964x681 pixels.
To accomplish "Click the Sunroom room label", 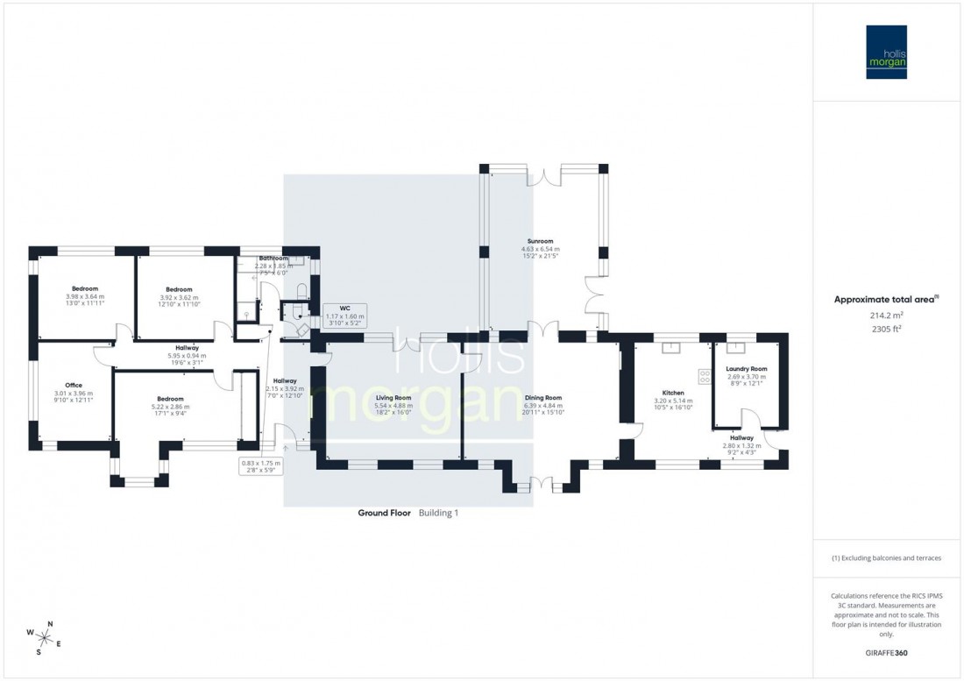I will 540,240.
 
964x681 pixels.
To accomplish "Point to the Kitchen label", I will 673,393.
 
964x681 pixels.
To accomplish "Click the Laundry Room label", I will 747,369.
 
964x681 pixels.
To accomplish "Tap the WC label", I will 332,308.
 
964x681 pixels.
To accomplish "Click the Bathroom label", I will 272,259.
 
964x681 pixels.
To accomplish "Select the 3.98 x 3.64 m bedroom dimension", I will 85,296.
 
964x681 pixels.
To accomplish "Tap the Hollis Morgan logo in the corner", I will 887,52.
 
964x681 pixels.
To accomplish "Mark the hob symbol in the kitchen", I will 703,376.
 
